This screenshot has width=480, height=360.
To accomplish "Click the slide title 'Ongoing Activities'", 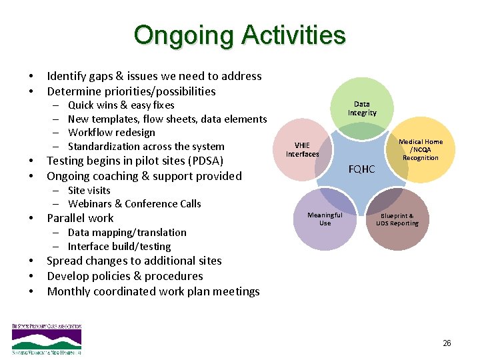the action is pyautogui.click(x=239, y=35).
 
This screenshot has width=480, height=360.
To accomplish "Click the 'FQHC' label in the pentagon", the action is pyautogui.click(x=361, y=169).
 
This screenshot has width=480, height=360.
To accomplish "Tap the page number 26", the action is pyautogui.click(x=446, y=343).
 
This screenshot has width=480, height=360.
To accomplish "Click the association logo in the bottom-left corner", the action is pyautogui.click(x=47, y=338).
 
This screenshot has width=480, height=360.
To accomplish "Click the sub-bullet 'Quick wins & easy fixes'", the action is pyautogui.click(x=121, y=105).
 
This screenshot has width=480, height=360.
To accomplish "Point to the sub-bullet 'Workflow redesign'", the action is pyautogui.click(x=111, y=133).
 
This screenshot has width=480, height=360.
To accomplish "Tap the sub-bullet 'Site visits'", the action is pyautogui.click(x=89, y=191).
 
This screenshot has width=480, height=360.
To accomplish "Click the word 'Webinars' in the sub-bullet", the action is pyautogui.click(x=90, y=204).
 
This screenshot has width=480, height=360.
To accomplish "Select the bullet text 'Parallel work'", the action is pyautogui.click(x=80, y=219).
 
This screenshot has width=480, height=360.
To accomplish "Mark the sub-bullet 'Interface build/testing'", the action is pyautogui.click(x=119, y=247).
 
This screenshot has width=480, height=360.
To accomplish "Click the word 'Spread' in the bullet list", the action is pyautogui.click(x=65, y=261).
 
